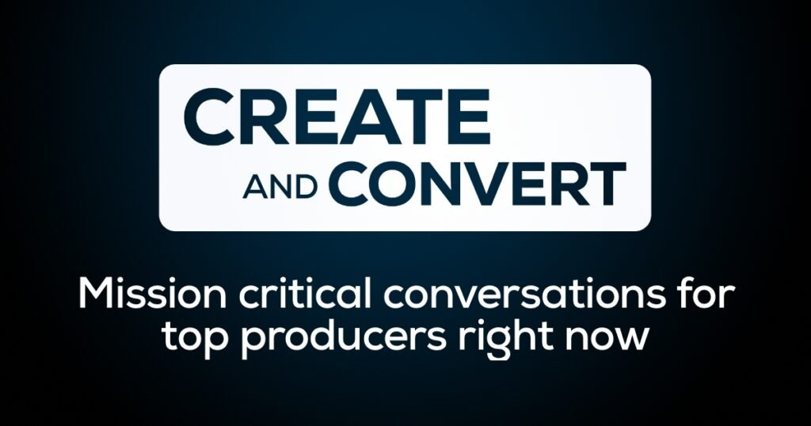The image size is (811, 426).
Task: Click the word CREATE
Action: [336, 117]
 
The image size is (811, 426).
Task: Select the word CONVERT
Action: [477, 184]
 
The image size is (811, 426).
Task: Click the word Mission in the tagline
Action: [152, 295]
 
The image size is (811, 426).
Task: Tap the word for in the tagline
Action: [706, 295]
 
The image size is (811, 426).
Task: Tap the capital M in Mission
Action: [96, 295]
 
